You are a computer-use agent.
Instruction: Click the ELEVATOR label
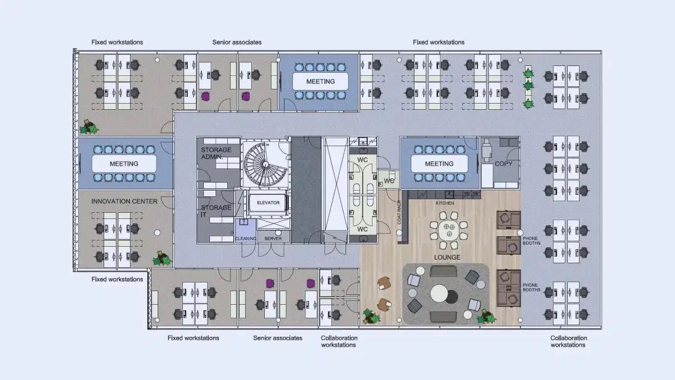[x=268, y=203]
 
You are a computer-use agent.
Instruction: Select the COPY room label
[x=503, y=164]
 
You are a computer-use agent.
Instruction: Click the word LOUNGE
[x=447, y=257]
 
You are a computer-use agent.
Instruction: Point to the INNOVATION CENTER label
[x=124, y=202]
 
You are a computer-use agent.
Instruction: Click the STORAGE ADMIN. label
[x=216, y=153]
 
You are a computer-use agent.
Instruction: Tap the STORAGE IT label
[x=216, y=211]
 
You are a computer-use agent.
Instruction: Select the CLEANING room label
[x=245, y=239]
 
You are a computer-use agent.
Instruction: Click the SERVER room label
[x=273, y=239]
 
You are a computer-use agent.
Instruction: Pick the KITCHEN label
[x=445, y=203]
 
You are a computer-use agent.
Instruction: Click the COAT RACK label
[x=399, y=212]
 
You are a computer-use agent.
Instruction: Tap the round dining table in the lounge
[x=448, y=230]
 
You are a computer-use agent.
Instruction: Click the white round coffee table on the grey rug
[x=439, y=294]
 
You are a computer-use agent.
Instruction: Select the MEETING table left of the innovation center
[x=124, y=164]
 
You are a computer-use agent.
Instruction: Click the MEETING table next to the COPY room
[x=439, y=164]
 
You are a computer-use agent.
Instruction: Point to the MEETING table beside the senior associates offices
[x=320, y=81]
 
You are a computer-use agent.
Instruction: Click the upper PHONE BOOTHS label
[x=532, y=241]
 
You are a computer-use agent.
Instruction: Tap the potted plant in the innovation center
[x=162, y=258]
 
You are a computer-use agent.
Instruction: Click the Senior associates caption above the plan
[x=236, y=43]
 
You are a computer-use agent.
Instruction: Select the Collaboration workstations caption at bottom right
[x=568, y=341]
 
